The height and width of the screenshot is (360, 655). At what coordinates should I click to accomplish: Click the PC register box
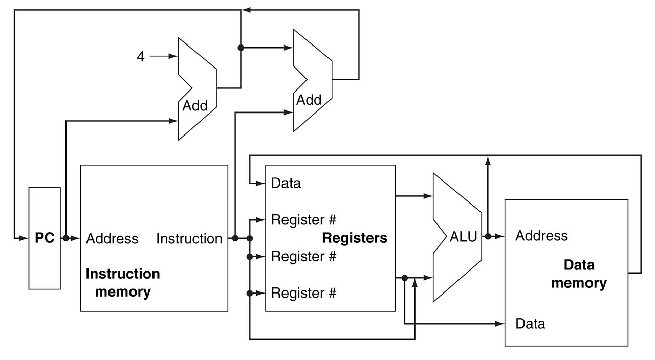point(45,238)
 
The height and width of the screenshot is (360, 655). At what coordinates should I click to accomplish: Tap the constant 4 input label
point(141,56)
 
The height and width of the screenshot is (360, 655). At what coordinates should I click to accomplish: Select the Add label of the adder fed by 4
point(195,106)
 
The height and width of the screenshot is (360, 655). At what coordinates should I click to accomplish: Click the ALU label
point(463,237)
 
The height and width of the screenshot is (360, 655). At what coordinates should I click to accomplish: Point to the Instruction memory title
point(123,283)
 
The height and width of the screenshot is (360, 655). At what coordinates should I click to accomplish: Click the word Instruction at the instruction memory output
point(189,239)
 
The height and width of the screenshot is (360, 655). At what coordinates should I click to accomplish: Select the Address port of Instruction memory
point(112,239)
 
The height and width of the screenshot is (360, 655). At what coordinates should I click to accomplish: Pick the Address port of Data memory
point(541,236)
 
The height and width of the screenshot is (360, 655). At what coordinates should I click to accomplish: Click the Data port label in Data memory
point(530,324)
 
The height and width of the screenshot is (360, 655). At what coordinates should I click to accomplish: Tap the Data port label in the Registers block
point(286,183)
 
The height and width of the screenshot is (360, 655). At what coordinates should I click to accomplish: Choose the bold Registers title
point(355,238)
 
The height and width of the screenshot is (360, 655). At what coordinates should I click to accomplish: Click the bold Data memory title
point(579,274)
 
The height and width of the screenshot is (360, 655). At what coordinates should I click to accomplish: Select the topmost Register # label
point(303,220)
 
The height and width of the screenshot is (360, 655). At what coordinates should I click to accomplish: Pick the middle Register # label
point(303,256)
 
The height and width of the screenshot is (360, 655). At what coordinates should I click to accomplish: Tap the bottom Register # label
point(303,294)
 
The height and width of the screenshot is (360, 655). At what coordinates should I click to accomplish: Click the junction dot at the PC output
point(65,238)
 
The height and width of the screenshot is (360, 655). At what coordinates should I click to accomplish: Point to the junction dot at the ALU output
point(488,236)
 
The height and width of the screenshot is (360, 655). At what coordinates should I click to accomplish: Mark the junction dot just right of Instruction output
point(235,238)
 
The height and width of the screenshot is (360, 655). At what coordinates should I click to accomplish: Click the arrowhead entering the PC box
point(25,238)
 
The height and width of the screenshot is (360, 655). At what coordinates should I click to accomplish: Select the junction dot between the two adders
point(241,48)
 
